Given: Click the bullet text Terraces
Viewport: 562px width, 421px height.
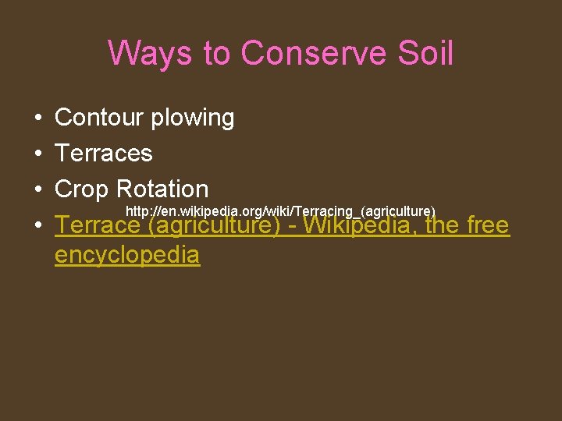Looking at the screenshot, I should pos(103,153).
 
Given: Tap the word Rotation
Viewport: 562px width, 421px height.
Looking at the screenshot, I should pos(162,189).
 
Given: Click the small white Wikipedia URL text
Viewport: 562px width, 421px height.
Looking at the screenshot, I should pos(280,211).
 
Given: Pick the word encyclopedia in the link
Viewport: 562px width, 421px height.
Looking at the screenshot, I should pos(127,255).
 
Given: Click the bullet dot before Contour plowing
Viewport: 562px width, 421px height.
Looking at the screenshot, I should pos(38,119).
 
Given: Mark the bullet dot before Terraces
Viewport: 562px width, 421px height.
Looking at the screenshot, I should pos(38,154).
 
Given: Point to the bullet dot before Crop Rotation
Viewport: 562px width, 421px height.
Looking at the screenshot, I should pos(38,189).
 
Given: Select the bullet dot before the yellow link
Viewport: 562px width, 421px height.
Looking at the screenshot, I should pos(38,226).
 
